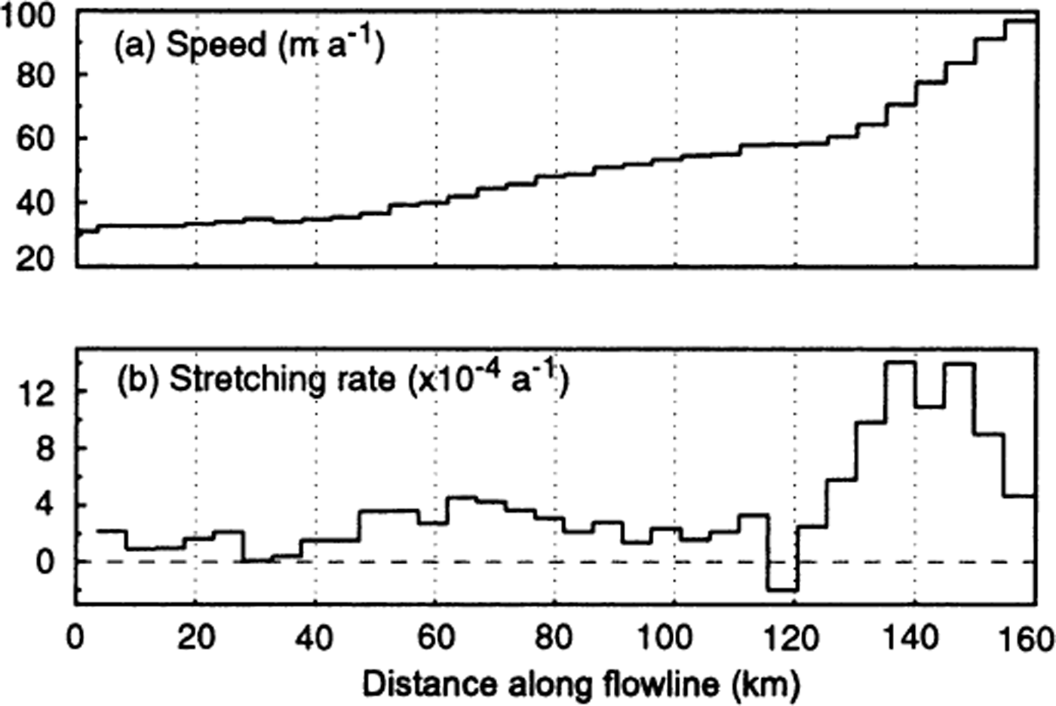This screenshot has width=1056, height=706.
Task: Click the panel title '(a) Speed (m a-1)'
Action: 249,46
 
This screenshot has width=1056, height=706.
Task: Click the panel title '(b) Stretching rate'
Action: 342,379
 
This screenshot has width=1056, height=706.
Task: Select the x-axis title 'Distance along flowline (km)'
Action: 580,685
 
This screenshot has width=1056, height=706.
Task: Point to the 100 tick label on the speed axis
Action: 26,17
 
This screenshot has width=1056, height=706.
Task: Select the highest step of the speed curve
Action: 1020,21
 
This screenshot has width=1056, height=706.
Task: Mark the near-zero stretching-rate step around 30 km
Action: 257,560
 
